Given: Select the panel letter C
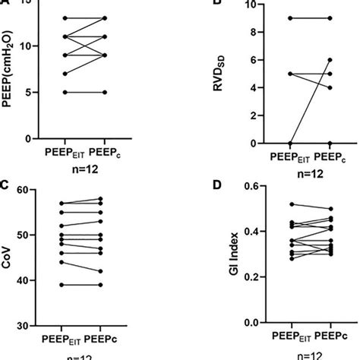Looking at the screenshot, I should coord(5,184).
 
